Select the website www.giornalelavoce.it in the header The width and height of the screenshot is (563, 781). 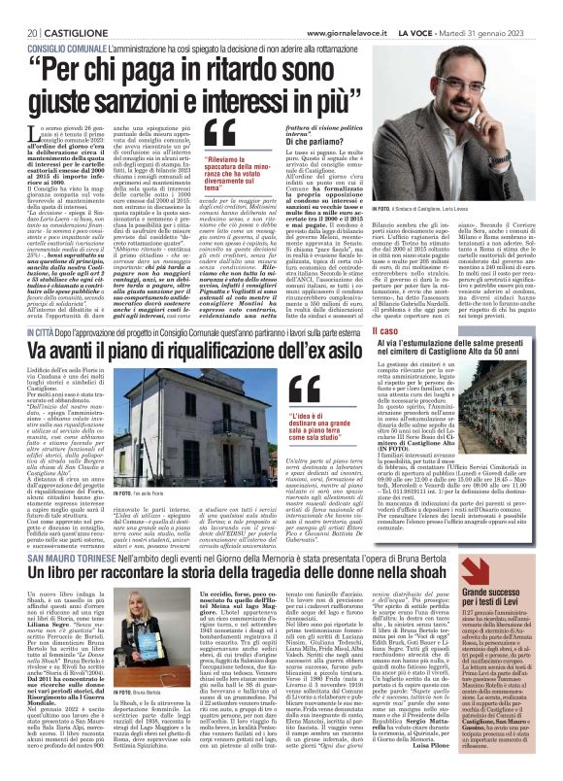tap(348, 10)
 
